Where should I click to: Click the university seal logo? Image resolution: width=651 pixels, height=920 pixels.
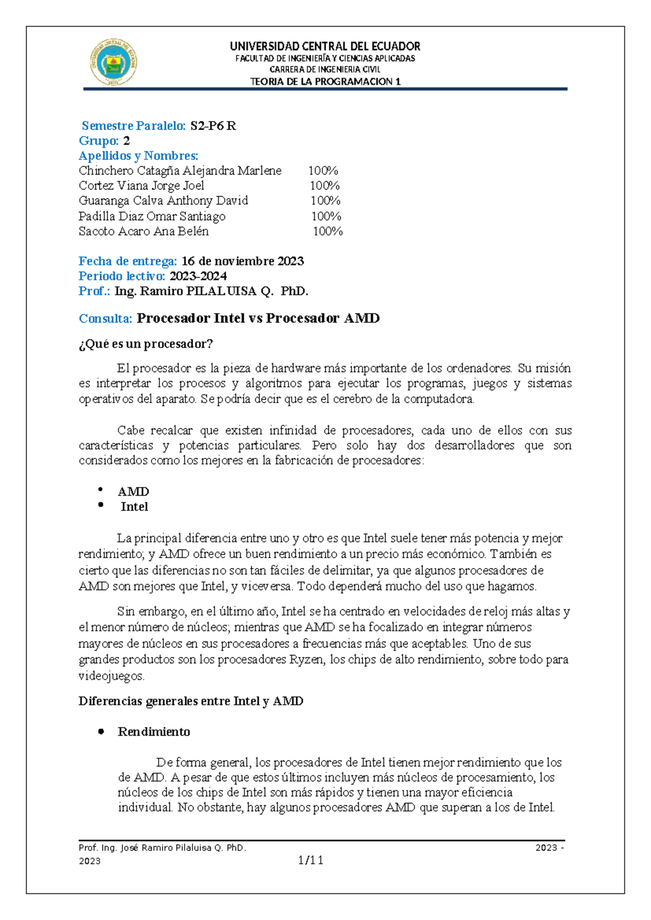113,62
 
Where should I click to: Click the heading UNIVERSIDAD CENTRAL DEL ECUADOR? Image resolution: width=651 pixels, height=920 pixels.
325,46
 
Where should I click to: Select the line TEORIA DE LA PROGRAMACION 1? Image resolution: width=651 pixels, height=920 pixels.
325,82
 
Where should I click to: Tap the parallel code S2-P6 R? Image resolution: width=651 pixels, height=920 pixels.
213,126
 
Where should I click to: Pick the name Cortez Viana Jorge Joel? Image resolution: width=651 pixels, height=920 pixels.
142,186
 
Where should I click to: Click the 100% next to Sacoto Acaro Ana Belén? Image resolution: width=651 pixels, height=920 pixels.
328,231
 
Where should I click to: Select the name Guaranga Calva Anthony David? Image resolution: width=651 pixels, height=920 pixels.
163,201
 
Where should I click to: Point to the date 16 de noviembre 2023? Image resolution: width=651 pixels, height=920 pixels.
242,261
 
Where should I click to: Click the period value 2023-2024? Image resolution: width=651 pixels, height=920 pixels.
198,276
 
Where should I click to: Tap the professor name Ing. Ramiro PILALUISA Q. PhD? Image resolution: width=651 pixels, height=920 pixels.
212,291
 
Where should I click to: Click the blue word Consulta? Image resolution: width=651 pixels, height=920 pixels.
105,318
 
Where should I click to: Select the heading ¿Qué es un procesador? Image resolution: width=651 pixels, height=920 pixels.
146,344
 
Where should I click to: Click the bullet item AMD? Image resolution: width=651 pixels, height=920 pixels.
133,491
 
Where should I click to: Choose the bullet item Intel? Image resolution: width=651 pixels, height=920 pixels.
135,507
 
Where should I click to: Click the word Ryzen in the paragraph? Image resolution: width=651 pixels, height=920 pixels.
307,660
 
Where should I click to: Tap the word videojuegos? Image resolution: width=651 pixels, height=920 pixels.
112,676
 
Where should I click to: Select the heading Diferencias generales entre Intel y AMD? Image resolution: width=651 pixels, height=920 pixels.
191,701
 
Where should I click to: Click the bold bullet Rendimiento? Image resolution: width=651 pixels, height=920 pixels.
154,732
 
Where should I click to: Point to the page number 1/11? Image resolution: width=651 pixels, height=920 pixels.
311,860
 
